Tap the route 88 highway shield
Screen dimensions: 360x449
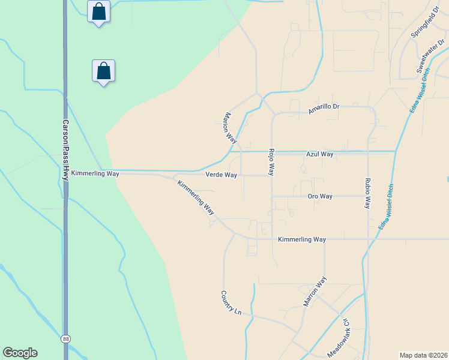coord(65,339)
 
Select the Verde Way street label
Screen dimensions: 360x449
coord(221,175)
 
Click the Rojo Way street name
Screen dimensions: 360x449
coord(271,161)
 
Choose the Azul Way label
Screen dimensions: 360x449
coord(319,154)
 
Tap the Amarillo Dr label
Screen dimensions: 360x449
coord(324,109)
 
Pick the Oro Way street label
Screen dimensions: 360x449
coord(320,196)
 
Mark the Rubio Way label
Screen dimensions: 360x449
coord(367,193)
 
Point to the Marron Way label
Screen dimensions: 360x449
coord(315,292)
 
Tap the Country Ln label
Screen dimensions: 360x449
coord(231,304)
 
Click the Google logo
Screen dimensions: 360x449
coord(20,353)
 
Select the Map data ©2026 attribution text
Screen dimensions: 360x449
coord(423,355)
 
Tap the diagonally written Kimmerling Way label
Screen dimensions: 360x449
coord(196,197)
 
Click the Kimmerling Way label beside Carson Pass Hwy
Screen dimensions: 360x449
coord(95,173)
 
